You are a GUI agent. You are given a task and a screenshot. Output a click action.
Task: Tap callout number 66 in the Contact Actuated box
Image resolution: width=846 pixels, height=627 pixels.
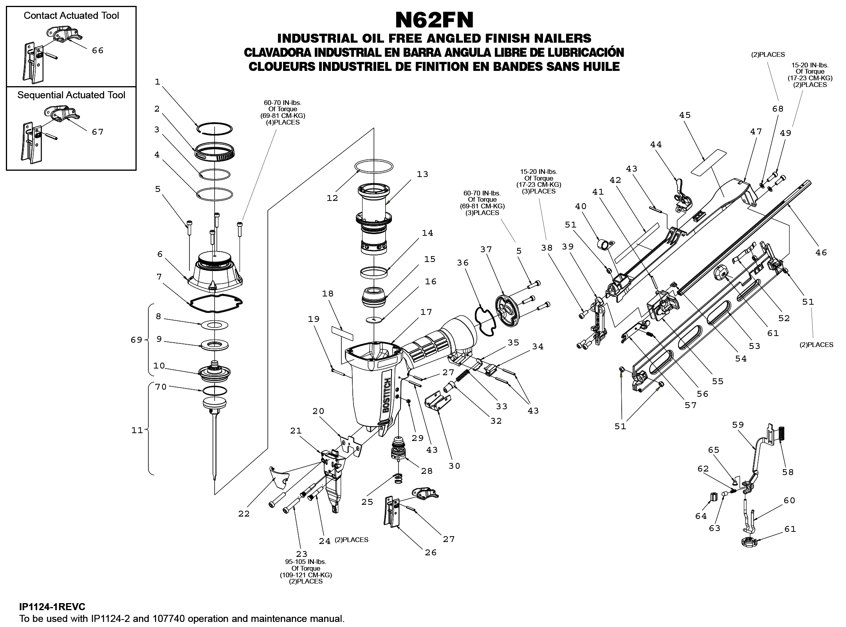(x=98, y=51)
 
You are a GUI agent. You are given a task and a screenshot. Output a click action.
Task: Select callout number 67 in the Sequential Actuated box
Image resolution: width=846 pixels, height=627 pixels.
(x=98, y=132)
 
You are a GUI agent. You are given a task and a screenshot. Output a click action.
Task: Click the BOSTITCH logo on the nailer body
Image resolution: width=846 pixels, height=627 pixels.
(x=387, y=396)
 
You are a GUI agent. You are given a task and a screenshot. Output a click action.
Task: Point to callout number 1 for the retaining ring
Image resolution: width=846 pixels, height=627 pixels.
(x=157, y=82)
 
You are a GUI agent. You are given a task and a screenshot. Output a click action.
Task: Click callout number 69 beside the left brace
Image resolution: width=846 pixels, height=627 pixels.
(x=136, y=340)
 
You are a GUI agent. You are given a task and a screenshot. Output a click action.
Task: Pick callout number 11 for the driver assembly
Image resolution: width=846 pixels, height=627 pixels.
(x=137, y=430)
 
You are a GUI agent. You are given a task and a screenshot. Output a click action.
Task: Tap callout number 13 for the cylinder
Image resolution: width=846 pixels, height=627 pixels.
(x=422, y=174)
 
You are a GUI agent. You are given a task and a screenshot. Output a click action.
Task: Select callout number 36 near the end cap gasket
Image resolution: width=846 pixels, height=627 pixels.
(x=463, y=263)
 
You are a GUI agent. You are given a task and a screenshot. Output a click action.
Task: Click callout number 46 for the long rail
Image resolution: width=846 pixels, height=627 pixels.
(x=821, y=253)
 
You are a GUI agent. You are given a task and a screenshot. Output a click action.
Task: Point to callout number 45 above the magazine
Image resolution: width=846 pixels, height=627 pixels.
(x=685, y=115)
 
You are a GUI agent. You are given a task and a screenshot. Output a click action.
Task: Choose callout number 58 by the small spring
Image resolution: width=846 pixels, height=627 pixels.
(x=788, y=472)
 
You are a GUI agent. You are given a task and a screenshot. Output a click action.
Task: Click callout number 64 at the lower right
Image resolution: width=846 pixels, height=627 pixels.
(x=701, y=516)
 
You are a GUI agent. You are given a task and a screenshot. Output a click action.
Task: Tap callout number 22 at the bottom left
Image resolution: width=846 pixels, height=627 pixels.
(x=244, y=514)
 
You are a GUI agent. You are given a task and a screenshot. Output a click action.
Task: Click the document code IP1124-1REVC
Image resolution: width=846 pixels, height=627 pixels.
(x=52, y=607)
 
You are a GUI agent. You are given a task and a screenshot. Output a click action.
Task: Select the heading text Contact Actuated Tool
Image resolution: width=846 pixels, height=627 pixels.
(x=71, y=16)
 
